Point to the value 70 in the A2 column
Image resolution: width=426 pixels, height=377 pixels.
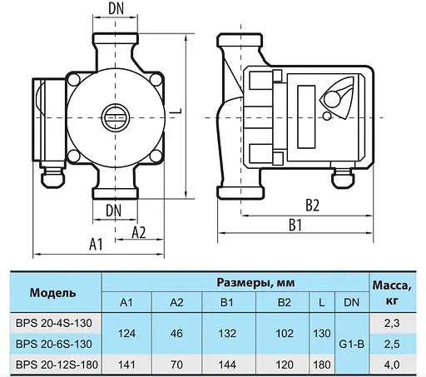[176, 364]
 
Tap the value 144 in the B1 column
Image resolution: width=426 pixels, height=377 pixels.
[227, 364]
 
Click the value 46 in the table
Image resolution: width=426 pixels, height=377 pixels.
[176, 332]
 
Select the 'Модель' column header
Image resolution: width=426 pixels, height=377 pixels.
[52, 293]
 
